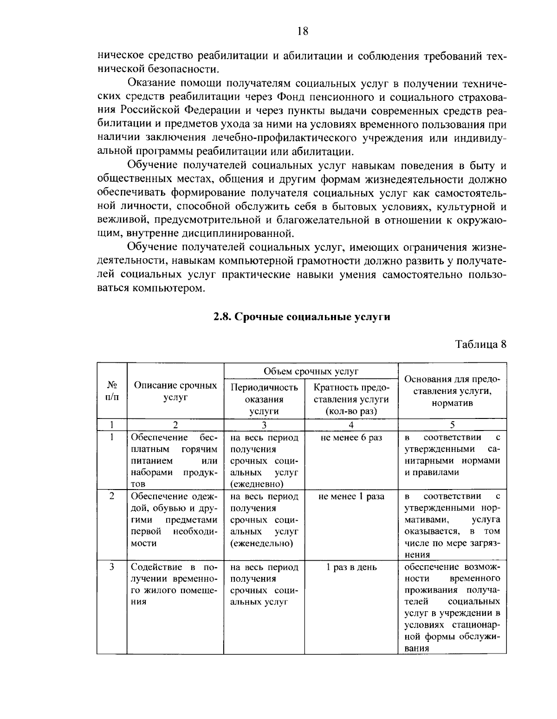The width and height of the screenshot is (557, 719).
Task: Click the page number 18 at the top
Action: [302, 32]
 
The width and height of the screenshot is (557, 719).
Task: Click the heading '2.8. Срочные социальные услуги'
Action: [302, 317]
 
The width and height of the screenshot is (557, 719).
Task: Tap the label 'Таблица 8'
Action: [480, 344]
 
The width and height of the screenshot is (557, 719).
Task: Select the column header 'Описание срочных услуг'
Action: [175, 391]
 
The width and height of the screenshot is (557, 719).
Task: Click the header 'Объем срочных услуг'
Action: [311, 371]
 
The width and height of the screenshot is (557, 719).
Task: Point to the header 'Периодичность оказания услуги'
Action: [264, 399]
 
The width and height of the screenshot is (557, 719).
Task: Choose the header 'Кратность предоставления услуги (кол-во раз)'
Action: [351, 399]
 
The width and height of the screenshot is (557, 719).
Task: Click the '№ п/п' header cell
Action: [112, 391]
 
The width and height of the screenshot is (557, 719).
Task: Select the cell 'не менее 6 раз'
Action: [351, 438]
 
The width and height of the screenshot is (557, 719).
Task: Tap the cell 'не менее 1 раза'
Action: [351, 497]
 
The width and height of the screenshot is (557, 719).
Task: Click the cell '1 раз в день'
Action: [351, 567]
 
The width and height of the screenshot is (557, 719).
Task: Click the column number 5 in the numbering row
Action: [452, 425]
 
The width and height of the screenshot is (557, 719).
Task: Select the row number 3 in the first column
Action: [112, 567]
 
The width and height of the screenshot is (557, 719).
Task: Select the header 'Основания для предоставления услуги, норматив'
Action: [452, 391]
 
